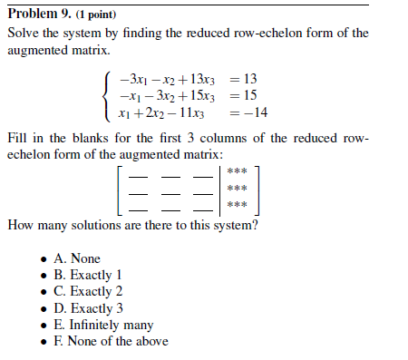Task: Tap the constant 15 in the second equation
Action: point(252,95)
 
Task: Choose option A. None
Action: point(77,258)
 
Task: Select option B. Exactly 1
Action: point(88,275)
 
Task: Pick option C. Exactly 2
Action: point(88,291)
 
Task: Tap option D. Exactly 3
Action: point(88,307)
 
